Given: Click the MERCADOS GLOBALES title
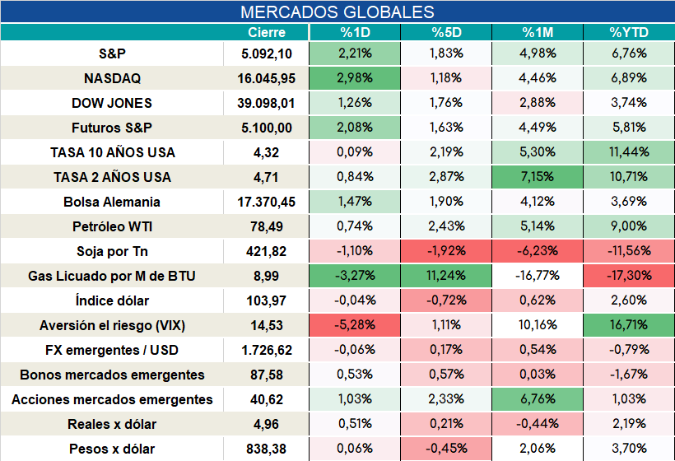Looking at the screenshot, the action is pos(337,12).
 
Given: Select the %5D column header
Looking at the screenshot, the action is pos(446,32).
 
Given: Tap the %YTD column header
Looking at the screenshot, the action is pos(629,32).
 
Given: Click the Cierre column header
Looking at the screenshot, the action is pos(267,32).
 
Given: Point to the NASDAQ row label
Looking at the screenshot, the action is pos(112,78).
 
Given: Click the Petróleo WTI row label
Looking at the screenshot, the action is pos(112,226).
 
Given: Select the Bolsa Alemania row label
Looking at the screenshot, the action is pos(112,202).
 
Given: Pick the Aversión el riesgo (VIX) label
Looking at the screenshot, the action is pos(112,325).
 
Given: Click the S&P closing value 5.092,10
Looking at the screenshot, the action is pos(267,54).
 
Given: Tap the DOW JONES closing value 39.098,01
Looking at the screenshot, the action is pos(267,103).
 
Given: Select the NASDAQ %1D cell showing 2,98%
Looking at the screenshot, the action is pos(355,78).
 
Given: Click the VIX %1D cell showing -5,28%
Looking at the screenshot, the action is pos(355,325).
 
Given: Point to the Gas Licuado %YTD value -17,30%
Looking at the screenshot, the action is pos(629,276).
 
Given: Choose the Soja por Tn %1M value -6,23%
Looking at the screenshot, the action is pos(538,251).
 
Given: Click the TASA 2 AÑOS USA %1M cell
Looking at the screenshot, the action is pos(538,177).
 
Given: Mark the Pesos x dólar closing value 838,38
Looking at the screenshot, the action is pos(267,449).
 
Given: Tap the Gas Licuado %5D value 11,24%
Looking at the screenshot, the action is pos(446,276).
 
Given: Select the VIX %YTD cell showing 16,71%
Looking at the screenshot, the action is pos(629,325).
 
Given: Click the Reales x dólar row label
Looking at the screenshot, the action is pos(112,425).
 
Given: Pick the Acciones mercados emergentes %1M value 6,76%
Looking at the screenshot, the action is pos(538,399).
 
